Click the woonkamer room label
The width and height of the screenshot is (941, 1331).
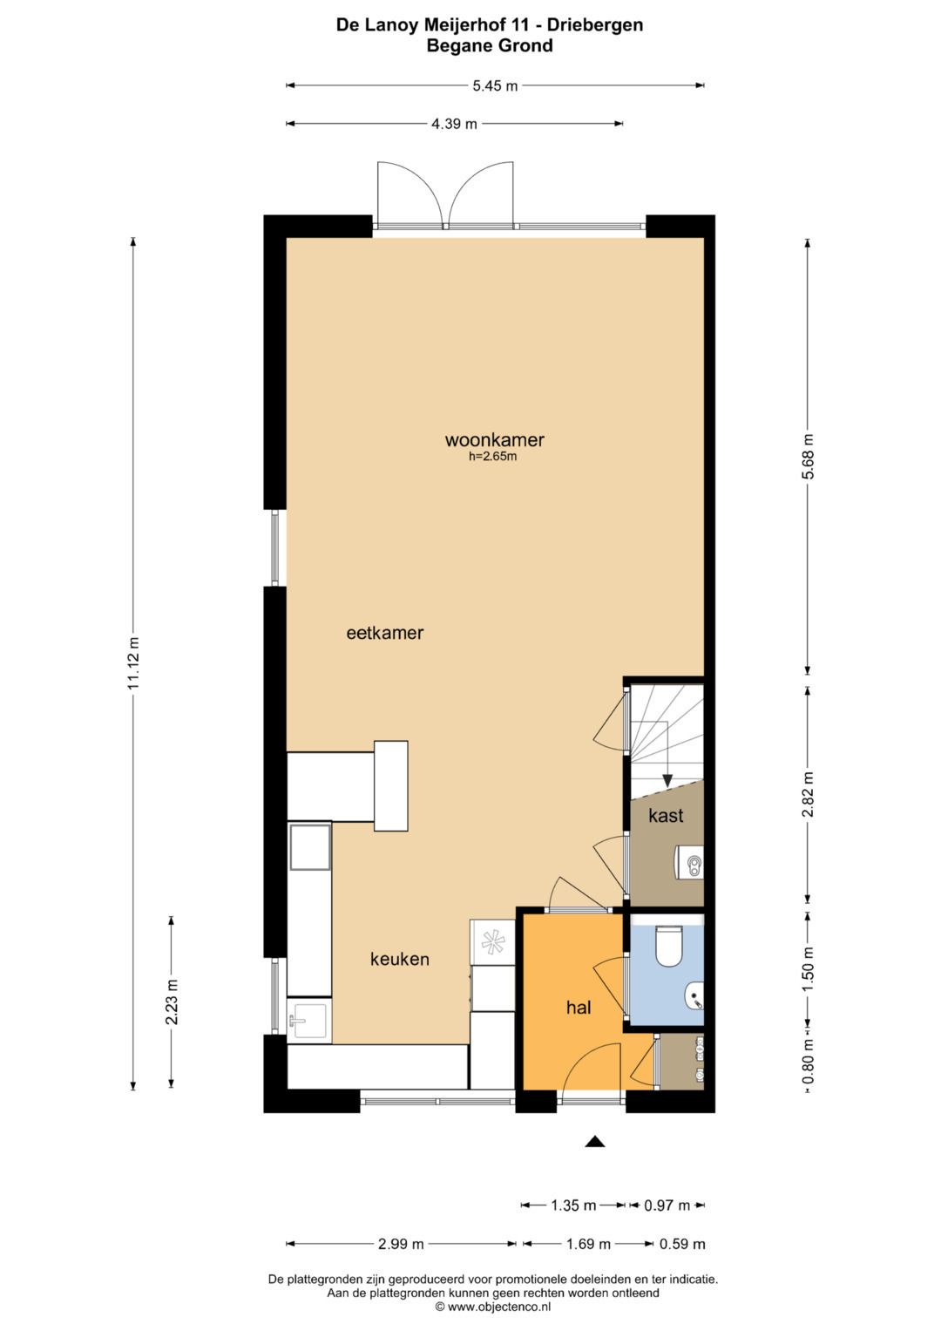(494, 440)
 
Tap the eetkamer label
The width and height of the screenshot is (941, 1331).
(384, 634)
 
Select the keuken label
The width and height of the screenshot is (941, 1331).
(399, 960)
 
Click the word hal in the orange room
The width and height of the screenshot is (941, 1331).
(579, 1008)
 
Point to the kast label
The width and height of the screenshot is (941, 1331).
(666, 816)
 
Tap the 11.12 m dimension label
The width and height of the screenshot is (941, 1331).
(133, 663)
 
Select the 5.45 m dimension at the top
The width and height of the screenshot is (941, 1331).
(495, 85)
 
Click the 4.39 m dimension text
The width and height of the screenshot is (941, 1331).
(454, 124)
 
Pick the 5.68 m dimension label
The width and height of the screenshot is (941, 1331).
(809, 456)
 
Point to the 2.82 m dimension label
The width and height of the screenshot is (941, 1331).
(809, 794)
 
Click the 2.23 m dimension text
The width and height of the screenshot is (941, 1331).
(172, 1002)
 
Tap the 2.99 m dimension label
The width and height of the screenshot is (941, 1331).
(401, 1244)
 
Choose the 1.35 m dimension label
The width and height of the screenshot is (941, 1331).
(573, 1205)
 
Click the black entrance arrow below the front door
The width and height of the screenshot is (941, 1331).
(595, 1141)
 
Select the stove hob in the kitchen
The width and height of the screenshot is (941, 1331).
(491, 941)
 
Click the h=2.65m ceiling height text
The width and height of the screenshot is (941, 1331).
(493, 457)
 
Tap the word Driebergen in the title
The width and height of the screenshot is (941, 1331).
(595, 24)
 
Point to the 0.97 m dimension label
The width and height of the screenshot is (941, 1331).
(667, 1205)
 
